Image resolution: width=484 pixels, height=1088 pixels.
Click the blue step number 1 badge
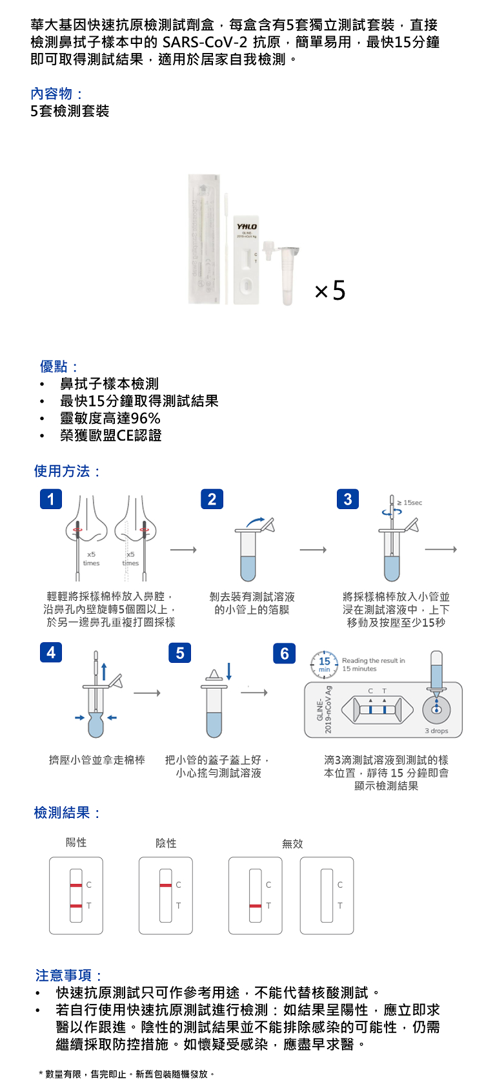click(x=51, y=499)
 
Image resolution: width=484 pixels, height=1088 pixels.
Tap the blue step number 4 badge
click(x=51, y=652)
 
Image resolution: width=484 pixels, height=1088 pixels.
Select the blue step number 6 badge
click(x=284, y=653)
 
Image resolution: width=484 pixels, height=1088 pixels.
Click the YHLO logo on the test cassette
click(x=247, y=227)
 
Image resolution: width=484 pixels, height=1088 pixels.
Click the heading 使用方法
click(x=66, y=472)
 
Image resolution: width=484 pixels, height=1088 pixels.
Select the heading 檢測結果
click(x=66, y=813)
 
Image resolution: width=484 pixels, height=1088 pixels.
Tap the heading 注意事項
click(x=68, y=976)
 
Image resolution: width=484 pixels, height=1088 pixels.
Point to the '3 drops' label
click(x=436, y=731)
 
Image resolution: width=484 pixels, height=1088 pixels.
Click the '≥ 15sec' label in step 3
click(x=410, y=503)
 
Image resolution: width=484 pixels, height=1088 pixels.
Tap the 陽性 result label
click(x=76, y=842)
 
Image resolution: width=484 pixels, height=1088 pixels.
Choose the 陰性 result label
click(x=166, y=843)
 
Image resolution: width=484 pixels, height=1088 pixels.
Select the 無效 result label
click(x=292, y=844)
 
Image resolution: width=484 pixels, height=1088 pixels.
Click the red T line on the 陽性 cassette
click(x=76, y=906)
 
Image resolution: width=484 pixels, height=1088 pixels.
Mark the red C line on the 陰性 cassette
click(x=166, y=884)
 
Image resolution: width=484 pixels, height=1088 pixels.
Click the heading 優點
click(x=58, y=367)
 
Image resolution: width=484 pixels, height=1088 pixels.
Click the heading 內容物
click(x=56, y=94)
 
